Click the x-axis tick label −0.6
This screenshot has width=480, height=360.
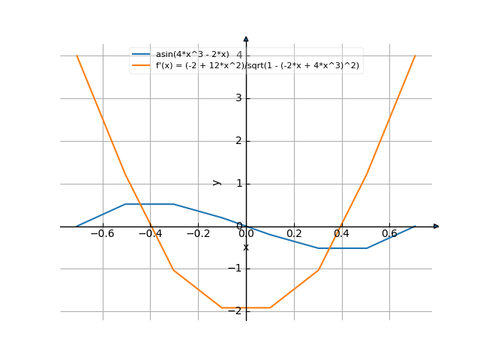[x=101, y=233]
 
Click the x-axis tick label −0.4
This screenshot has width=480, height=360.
[x=149, y=233]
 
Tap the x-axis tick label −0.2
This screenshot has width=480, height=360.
[x=197, y=233]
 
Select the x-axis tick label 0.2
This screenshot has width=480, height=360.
[x=294, y=233]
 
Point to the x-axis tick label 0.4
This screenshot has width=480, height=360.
[x=342, y=233]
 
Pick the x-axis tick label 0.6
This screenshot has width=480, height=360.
[x=389, y=233]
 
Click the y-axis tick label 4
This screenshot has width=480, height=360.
[x=238, y=55]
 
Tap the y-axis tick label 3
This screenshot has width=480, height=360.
[x=238, y=98]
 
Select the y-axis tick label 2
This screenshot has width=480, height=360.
[x=238, y=141]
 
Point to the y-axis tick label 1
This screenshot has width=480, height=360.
[x=238, y=184]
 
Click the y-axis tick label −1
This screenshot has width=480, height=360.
[x=236, y=268]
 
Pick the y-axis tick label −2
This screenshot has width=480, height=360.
[x=236, y=311]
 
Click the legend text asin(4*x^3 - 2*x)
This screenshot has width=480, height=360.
[x=192, y=54]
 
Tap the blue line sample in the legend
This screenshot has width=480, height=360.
[x=141, y=54]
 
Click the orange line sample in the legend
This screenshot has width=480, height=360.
[x=141, y=65]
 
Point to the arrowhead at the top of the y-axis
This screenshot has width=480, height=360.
[x=246, y=38]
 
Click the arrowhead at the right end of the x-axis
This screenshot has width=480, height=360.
[x=436, y=226]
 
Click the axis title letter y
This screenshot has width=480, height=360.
[x=217, y=182]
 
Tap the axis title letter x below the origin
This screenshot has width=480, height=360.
[x=246, y=247]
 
